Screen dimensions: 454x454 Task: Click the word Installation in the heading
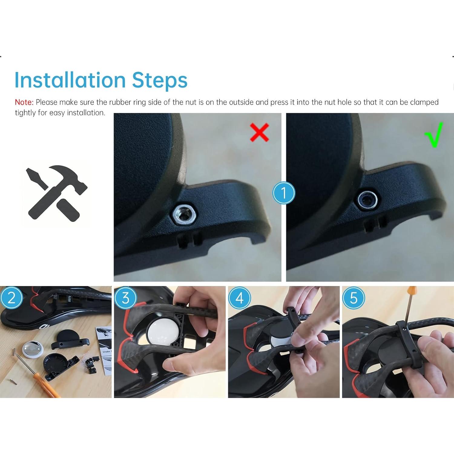point(70,80)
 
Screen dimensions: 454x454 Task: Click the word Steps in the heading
point(160,80)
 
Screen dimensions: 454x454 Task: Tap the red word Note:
point(24,102)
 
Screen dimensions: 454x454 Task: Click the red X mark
point(259,132)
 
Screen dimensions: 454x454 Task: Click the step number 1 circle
point(284,193)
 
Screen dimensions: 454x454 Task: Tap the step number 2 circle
point(12,298)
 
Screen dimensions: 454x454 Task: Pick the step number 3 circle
point(125,298)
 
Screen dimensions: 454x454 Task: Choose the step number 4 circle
point(239,298)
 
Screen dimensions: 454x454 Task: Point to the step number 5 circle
point(354,298)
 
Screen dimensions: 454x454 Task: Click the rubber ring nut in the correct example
point(367,200)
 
